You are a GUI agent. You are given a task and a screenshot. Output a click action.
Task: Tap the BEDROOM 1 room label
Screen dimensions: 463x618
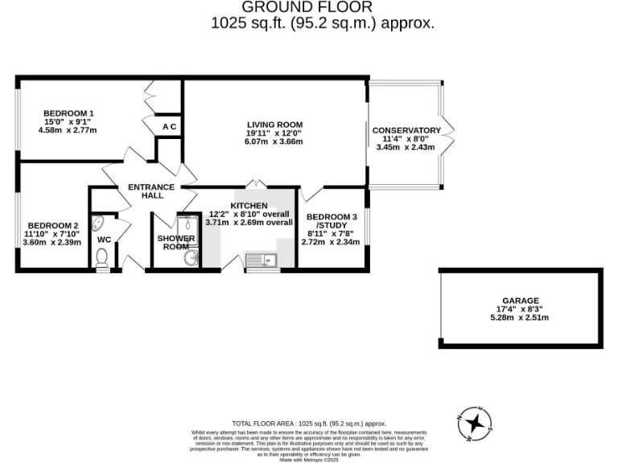pos(68,113)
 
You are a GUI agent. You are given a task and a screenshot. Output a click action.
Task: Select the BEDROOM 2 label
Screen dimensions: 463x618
pos(53,226)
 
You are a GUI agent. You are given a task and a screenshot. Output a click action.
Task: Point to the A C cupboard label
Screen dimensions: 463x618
pos(169,127)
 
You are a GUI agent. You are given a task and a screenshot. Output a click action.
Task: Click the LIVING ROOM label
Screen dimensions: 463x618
pos(274,125)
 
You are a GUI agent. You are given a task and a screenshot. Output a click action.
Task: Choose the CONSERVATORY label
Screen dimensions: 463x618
pos(406,130)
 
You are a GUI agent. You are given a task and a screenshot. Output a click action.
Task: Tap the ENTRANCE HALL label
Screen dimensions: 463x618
pos(151,191)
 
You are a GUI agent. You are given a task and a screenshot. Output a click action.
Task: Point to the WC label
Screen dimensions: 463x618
pos(104,240)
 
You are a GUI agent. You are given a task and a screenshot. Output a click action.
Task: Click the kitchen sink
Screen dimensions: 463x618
pos(260,259)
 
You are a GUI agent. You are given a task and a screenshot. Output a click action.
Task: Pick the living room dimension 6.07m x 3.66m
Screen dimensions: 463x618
pos(274,141)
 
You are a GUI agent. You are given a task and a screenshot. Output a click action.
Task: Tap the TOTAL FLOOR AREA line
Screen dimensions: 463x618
pos(309,423)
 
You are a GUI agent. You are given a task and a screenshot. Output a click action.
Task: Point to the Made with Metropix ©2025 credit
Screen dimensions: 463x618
pos(309,460)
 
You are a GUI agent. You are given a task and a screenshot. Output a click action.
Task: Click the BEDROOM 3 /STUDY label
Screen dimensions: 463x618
pos(332,221)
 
